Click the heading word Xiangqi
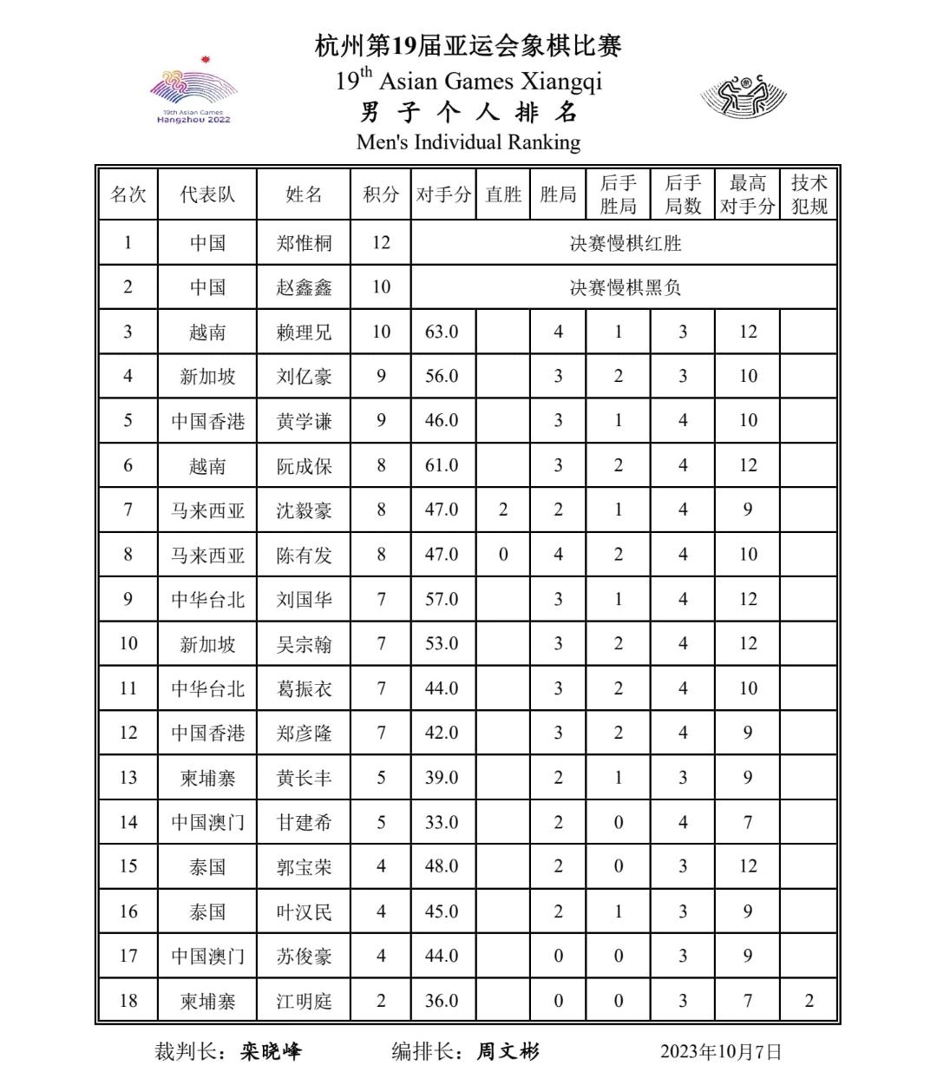[560, 82]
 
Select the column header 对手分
[443, 194]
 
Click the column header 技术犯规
[809, 194]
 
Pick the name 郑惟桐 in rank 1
[304, 243]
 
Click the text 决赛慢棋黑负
[625, 287]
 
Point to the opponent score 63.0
[442, 332]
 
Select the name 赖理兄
[304, 332]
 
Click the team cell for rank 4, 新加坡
[207, 377]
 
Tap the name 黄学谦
[304, 421]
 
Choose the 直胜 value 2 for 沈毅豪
[503, 510]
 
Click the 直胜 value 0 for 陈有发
[503, 555]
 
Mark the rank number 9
[128, 599]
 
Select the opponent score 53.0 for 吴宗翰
[442, 644]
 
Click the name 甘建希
[304, 822]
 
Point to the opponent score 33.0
[442, 822]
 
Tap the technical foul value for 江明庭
[809, 1001]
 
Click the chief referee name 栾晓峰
[271, 1052]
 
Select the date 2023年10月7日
[721, 1052]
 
